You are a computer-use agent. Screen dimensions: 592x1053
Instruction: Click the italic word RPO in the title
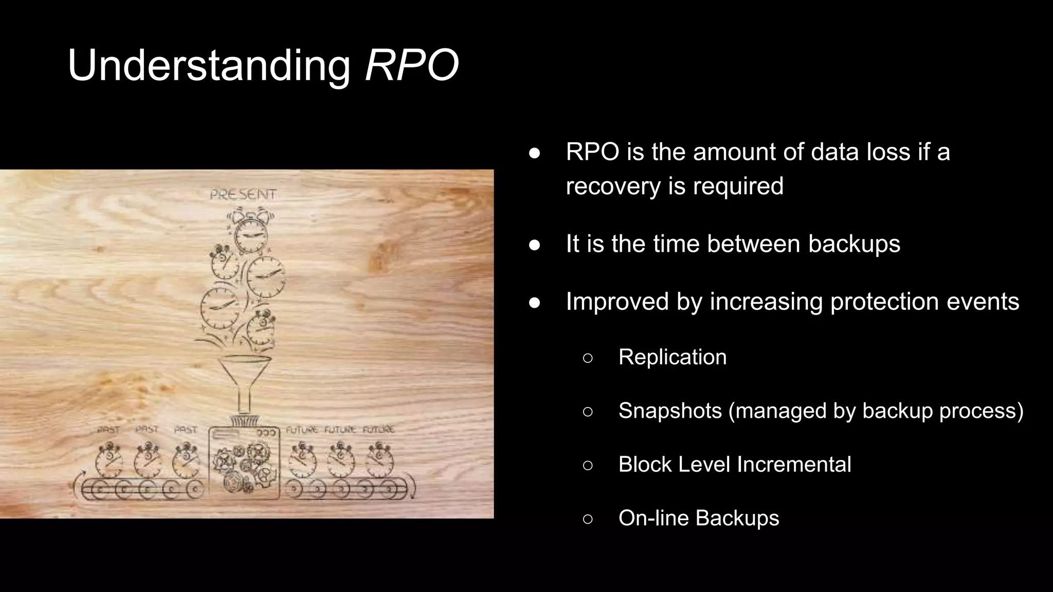point(411,65)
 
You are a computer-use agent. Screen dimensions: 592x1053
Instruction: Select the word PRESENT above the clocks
point(243,195)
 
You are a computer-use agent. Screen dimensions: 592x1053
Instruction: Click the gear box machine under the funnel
point(244,462)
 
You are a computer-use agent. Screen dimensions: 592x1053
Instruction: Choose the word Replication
point(673,357)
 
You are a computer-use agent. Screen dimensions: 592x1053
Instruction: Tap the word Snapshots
point(670,411)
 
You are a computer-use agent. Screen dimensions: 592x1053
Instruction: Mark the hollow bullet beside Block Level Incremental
point(588,465)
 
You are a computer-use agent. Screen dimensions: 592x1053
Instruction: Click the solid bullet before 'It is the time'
point(535,245)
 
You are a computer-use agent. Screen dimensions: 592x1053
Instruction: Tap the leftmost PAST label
point(108,430)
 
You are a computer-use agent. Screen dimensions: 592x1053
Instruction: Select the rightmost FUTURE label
point(379,429)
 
